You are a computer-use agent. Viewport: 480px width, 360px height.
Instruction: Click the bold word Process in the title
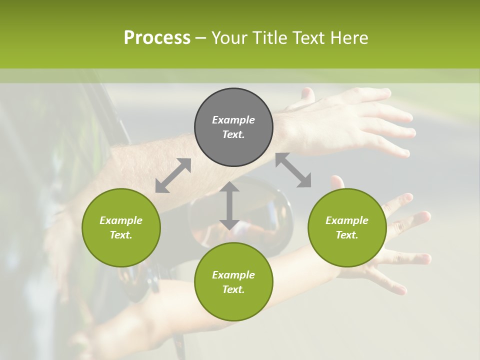(157, 38)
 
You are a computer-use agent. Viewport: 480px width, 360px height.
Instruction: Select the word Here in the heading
(348, 38)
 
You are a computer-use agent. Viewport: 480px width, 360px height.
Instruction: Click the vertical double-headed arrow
(229, 205)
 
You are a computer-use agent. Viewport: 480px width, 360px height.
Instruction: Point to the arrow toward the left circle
(173, 175)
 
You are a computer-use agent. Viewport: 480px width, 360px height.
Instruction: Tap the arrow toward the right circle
(293, 170)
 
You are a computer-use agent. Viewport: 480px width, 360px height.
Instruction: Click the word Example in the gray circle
(233, 120)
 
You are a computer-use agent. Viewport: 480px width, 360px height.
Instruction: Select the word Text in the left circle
(121, 235)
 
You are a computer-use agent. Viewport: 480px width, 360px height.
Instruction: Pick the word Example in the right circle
(347, 220)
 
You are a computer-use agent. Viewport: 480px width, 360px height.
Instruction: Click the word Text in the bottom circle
(233, 289)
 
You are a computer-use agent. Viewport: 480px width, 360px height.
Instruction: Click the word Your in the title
(229, 38)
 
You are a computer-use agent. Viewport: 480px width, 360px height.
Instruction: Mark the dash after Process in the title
(201, 38)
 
